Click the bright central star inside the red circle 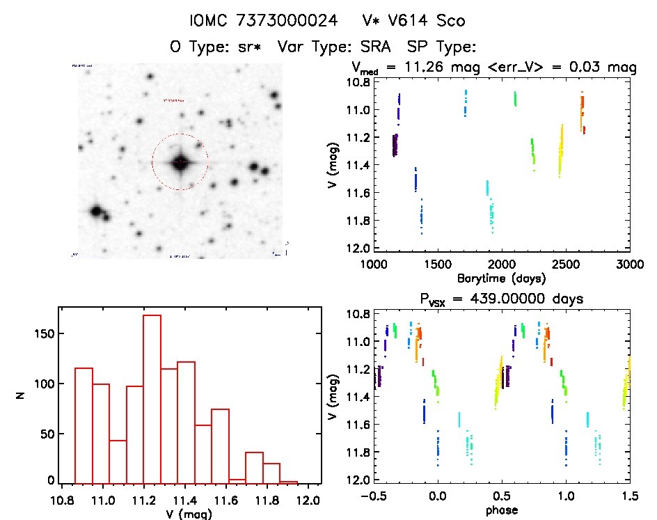pos(180,162)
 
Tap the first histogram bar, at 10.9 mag pos(84,425)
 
